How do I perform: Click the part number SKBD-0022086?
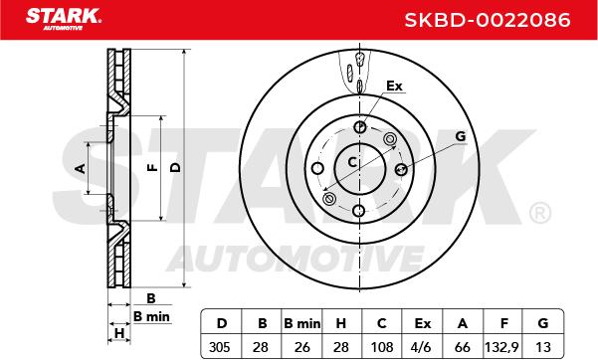(x=487, y=20)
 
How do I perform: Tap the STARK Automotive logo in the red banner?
(x=64, y=18)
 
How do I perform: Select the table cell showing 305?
(x=220, y=347)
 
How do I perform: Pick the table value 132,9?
(x=501, y=347)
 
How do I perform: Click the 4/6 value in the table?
(x=422, y=347)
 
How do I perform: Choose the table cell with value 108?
(x=382, y=347)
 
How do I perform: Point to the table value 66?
(x=463, y=347)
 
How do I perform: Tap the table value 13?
(x=543, y=347)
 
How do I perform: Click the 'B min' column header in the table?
(x=302, y=323)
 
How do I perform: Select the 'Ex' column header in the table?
(x=422, y=323)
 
